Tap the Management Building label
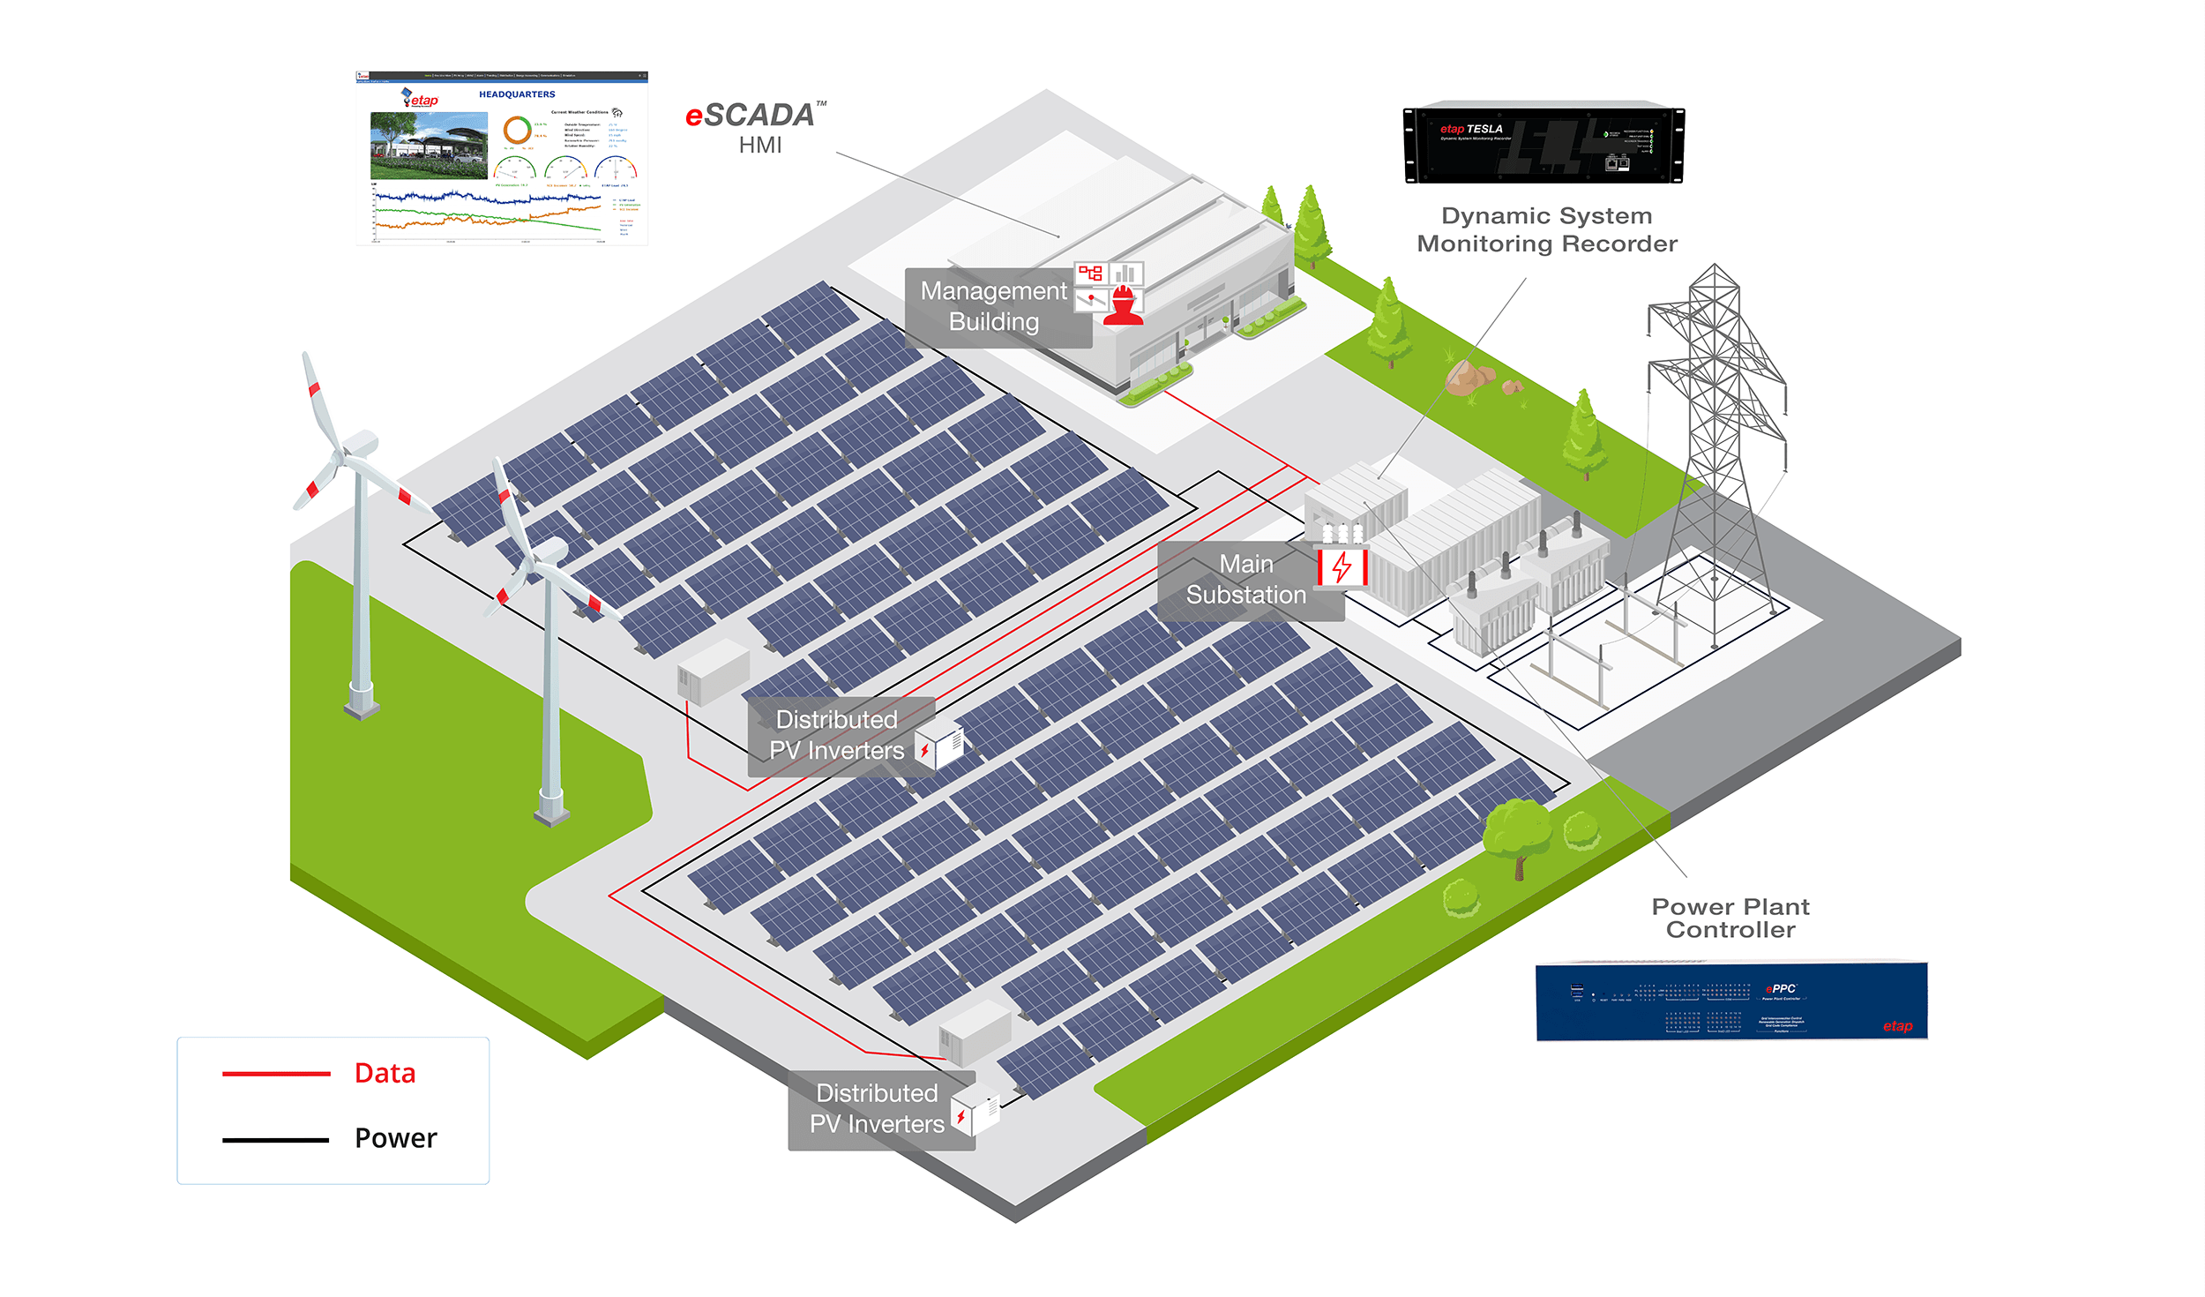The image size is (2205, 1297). [993, 306]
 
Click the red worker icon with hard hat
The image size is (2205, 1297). [1123, 306]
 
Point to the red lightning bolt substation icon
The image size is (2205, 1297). [1342, 566]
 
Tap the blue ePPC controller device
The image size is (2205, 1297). [1730, 1001]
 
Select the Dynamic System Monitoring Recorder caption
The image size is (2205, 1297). [1546, 229]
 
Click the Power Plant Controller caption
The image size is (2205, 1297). [1730, 918]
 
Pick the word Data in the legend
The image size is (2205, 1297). [385, 1073]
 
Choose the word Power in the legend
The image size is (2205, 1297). [395, 1138]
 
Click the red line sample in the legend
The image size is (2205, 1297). [276, 1074]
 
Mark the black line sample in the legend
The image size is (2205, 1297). [276, 1140]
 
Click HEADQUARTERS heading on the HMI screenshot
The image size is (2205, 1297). [517, 94]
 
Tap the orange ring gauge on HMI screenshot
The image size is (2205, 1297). [517, 130]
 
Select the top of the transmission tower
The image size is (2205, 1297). [1714, 269]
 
